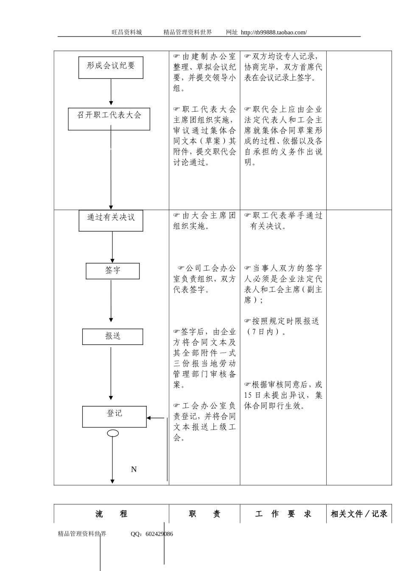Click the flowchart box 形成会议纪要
(111, 68)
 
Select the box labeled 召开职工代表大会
(109, 119)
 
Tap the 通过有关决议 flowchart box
(111, 220)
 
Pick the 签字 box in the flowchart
(112, 271)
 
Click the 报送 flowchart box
(112, 336)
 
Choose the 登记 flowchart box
(114, 416)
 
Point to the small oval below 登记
(113, 433)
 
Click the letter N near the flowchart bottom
(134, 469)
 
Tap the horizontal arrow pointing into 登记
(156, 418)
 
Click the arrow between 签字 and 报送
(111, 301)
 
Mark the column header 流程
(111, 514)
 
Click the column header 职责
(204, 514)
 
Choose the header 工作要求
(283, 514)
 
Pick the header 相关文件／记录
(359, 514)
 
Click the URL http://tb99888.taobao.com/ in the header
(274, 32)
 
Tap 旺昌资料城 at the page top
(127, 32)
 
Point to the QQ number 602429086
(159, 534)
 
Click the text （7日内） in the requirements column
(265, 332)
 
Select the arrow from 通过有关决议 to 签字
(112, 247)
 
